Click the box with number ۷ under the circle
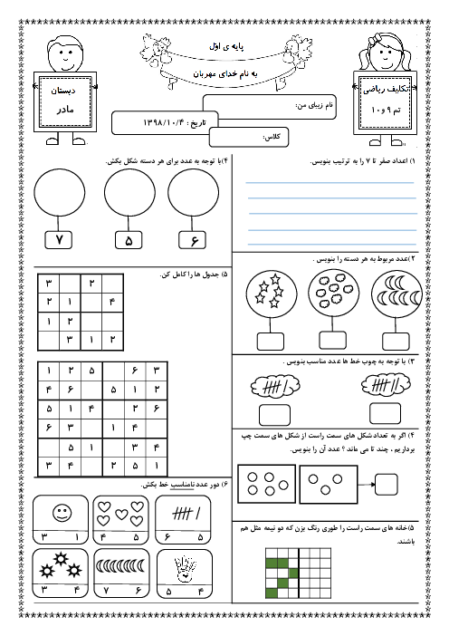coord(58,240)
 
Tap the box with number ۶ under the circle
coord(192,240)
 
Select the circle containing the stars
coord(271,294)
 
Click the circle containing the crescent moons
coord(396,294)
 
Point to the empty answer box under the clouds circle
coord(333,341)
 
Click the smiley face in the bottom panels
coord(62,513)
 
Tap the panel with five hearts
coord(120,520)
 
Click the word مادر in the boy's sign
coord(65,110)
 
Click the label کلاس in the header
coord(271,137)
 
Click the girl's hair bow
coord(376,38)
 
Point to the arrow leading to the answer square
coord(367,484)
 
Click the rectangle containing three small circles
coord(329,485)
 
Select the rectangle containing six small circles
coord(267,484)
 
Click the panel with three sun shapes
coord(60,573)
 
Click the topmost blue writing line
coord(330,182)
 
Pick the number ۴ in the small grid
coord(112,302)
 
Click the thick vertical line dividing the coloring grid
coord(299,573)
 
